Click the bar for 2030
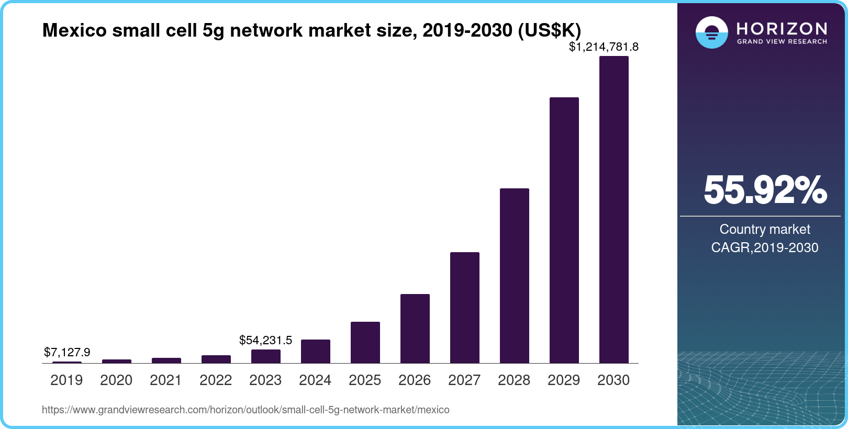click(613, 209)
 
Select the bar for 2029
click(564, 230)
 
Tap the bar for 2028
click(514, 276)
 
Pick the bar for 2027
click(464, 308)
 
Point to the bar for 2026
click(415, 329)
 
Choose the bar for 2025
click(365, 343)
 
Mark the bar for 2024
click(315, 352)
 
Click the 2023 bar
click(265, 356)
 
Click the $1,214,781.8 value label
click(604, 47)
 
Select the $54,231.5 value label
click(265, 340)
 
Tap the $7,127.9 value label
click(67, 352)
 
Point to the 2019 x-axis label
click(66, 380)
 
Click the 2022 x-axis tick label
click(216, 380)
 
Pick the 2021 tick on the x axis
click(166, 380)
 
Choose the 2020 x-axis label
click(116, 380)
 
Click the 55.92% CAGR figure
click(765, 190)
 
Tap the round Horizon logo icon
click(711, 32)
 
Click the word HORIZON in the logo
click(782, 28)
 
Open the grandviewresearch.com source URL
click(246, 410)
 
